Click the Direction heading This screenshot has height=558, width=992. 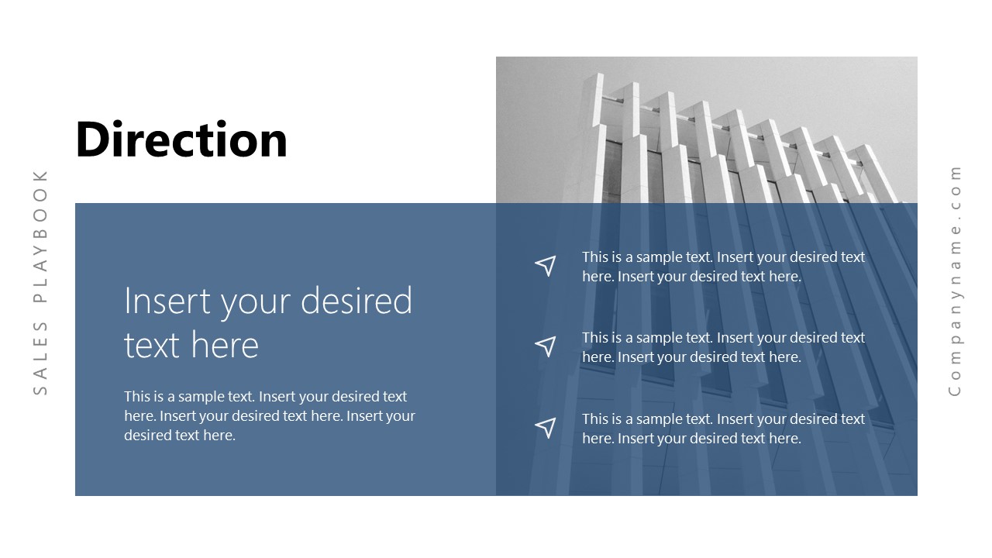(181, 139)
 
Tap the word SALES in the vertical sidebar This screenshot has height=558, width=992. (40, 358)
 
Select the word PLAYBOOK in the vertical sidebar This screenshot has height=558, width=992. (40, 236)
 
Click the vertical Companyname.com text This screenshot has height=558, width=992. (955, 281)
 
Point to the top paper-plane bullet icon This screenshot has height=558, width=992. (546, 266)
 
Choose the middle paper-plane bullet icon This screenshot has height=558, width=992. (546, 346)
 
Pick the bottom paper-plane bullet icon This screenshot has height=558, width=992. (546, 427)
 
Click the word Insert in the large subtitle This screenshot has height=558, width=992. (167, 301)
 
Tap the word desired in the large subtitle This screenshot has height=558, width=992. (356, 301)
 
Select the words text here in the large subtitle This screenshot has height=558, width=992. (191, 345)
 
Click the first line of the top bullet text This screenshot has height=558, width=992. (723, 257)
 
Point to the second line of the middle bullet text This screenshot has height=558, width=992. (691, 357)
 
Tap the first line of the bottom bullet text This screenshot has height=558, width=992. (723, 419)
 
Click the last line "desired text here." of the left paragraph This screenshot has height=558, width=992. (179, 436)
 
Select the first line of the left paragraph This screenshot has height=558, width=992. (265, 396)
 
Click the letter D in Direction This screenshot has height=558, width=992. (92, 139)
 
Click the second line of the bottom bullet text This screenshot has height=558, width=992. (691, 439)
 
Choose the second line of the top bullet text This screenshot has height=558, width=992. (691, 277)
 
